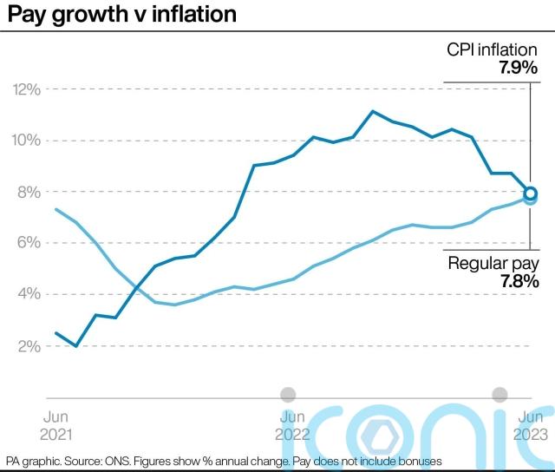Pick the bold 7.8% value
click(x=518, y=281)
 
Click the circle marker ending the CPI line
click(x=531, y=193)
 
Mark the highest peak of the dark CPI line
click(x=372, y=111)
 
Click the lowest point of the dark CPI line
click(x=76, y=345)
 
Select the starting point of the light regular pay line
click(x=55, y=209)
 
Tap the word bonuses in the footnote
click(x=420, y=461)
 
